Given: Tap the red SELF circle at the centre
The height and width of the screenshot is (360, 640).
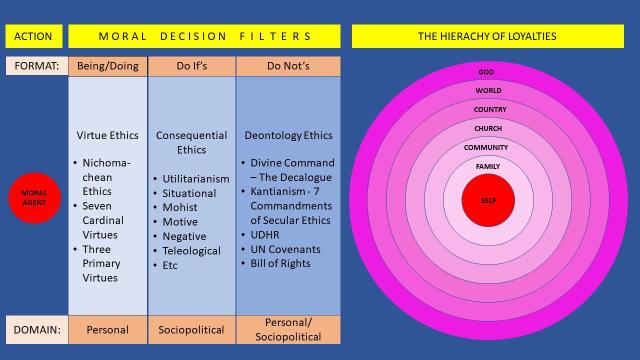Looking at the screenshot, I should pos(487,200).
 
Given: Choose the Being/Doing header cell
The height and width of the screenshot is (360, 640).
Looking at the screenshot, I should pos(108,66).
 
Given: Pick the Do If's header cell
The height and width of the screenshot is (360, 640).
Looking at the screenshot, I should pos(191,66).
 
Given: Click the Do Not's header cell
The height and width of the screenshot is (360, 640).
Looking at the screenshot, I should pos(282,66).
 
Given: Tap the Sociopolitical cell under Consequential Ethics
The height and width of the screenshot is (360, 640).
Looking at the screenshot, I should pos(191,327).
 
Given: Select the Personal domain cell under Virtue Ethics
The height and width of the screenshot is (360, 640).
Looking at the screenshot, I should pos(108,327).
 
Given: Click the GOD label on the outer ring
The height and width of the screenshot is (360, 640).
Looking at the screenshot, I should pos(487,72).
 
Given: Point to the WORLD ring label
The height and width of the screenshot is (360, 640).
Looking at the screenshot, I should pos(487,91).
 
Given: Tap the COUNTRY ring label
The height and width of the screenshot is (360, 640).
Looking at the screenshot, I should pos(487,109).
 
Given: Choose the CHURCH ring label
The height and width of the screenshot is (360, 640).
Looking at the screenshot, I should pos(487,128).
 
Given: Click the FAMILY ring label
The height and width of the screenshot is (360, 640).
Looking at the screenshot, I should pos(487,165).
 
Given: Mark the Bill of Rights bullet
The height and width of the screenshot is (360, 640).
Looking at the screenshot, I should pos(281,263).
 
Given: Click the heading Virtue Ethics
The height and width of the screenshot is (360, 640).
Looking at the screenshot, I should pos(108,134).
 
